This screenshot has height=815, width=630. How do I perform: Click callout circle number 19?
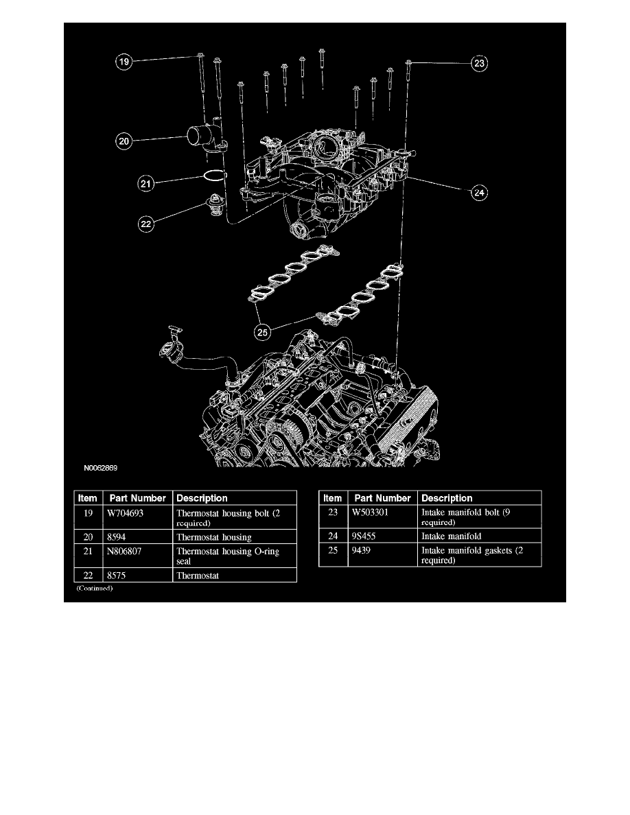[123, 62]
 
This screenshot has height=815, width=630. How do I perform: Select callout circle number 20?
[123, 141]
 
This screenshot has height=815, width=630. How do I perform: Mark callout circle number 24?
[478, 193]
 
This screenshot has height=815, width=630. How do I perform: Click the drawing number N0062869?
[101, 469]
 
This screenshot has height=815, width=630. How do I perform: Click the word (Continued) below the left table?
[94, 589]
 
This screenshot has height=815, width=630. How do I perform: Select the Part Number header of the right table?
[382, 498]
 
